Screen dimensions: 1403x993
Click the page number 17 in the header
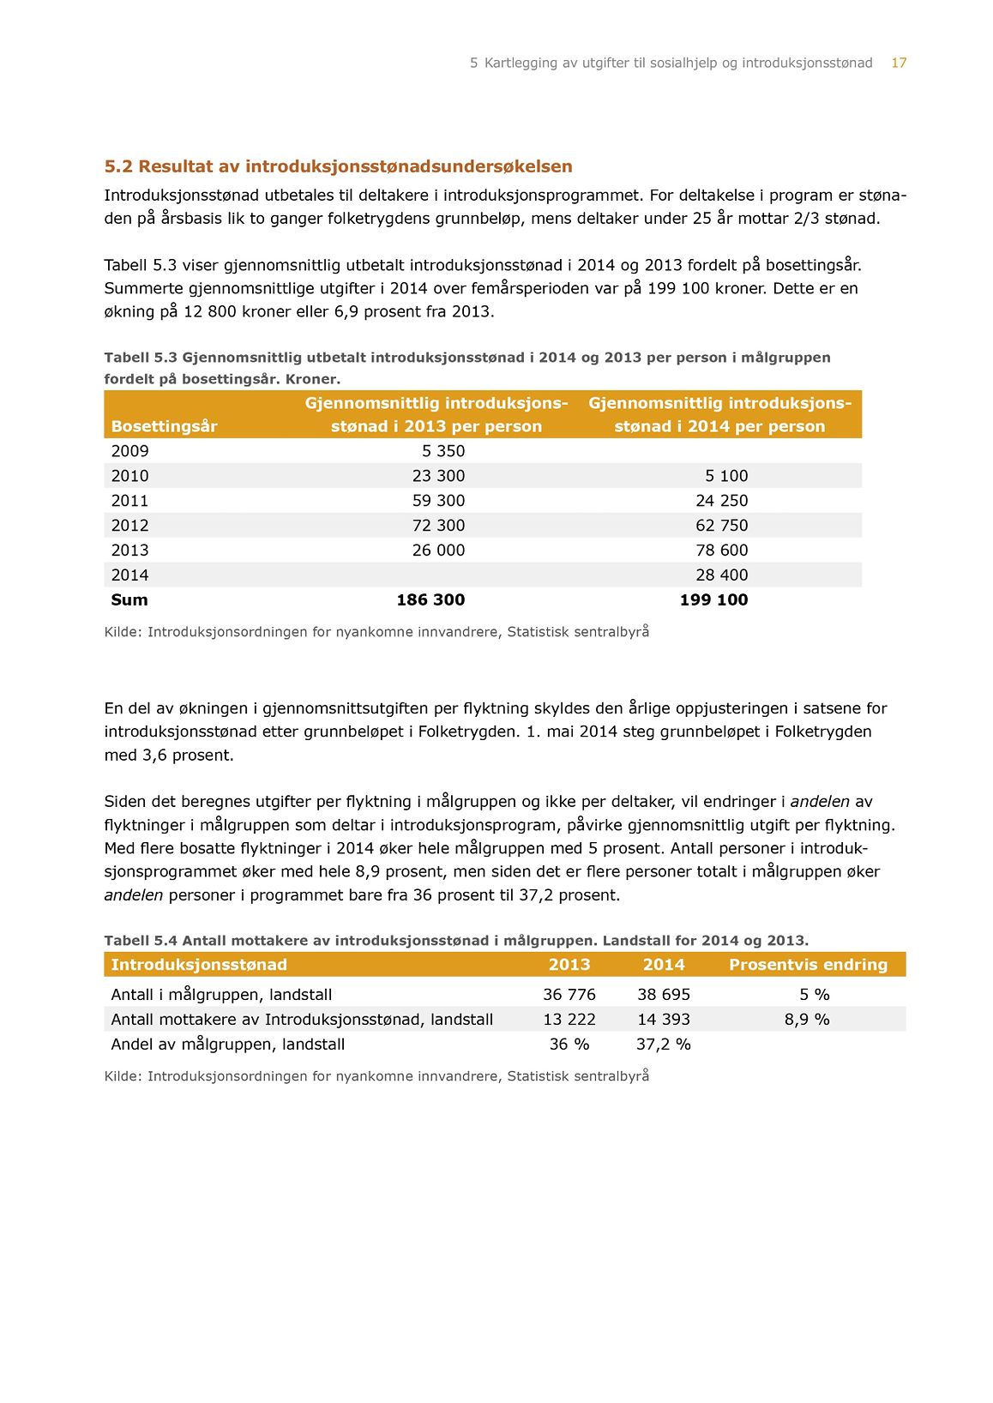[898, 63]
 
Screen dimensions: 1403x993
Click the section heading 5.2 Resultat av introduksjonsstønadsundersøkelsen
[338, 166]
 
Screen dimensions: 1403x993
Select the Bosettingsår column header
[164, 426]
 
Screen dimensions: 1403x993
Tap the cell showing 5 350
[442, 451]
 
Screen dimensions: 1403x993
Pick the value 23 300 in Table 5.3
[438, 476]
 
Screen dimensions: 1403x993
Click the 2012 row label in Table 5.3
[129, 526]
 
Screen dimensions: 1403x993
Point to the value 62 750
[721, 526]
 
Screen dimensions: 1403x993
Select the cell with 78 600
[721, 551]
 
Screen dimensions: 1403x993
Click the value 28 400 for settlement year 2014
[721, 575]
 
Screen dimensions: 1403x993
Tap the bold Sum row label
[129, 600]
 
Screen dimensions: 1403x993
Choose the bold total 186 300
[430, 600]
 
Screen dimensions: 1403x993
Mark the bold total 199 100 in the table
[713, 600]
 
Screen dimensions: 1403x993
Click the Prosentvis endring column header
[808, 965]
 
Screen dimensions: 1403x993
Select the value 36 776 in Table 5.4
[569, 995]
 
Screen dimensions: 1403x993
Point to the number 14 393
[663, 1020]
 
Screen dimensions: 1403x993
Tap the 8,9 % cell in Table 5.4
[807, 1020]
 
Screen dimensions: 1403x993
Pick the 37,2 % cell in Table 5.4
[663, 1045]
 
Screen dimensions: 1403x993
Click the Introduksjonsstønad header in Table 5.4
[199, 965]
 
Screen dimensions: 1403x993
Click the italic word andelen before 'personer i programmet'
[133, 895]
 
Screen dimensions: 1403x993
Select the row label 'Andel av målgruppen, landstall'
[227, 1045]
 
